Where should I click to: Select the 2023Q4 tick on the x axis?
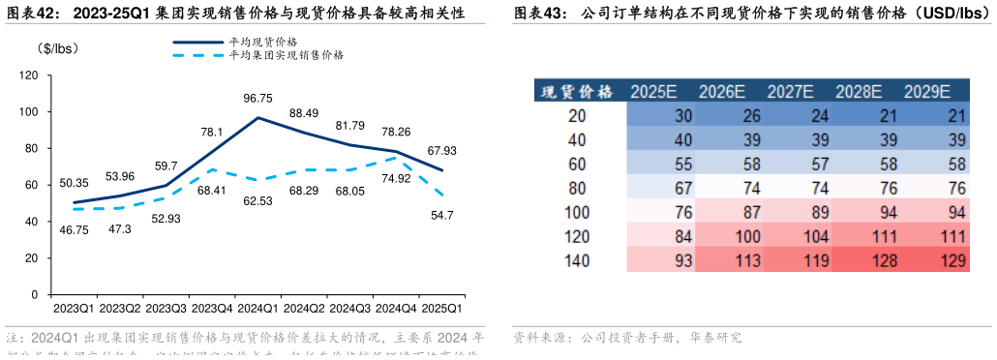[x=211, y=309]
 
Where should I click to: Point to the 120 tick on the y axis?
[x=29, y=75]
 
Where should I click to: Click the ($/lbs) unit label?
[x=57, y=48]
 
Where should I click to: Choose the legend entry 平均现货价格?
[x=262, y=42]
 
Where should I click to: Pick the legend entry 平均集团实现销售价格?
[x=286, y=55]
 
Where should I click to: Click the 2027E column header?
[x=790, y=92]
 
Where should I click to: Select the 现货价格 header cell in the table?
[x=576, y=92]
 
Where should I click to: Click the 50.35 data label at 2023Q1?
[x=74, y=182]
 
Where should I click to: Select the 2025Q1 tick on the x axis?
[x=441, y=309]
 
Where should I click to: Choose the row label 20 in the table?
[x=577, y=116]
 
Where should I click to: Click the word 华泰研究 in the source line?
[x=714, y=339]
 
